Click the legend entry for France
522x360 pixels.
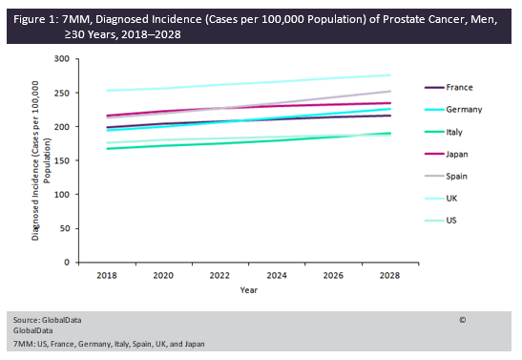[457, 87]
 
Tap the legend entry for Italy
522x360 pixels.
[454, 132]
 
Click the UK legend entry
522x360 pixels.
[451, 199]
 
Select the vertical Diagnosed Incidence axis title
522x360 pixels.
[40, 161]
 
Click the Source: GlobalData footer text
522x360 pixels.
[45, 319]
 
